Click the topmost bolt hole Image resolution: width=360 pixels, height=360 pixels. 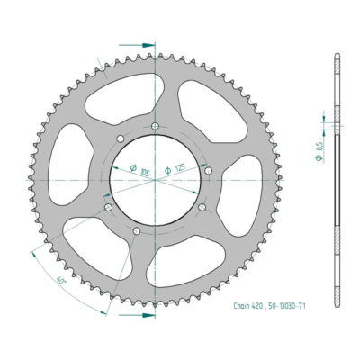click(155, 125)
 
